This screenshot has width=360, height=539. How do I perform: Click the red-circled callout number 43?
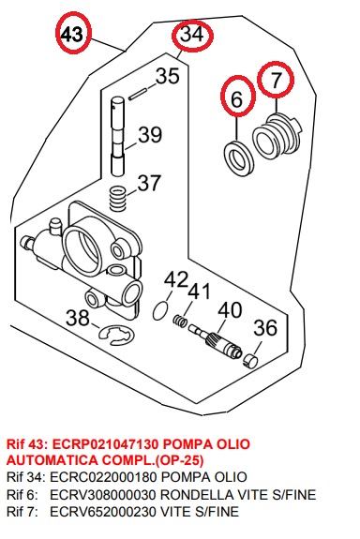pos(73,34)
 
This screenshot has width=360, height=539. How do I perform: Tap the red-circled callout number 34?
pos(192,35)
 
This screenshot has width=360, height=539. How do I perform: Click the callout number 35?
pos(168,76)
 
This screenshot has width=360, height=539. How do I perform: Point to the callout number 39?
pos(150,135)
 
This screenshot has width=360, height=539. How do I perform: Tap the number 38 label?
pos(78,318)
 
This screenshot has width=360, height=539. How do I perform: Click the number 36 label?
pos(265,328)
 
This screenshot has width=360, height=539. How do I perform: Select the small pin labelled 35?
pos(138,95)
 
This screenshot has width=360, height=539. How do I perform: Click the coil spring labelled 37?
pos(118,199)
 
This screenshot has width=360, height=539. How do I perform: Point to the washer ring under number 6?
pos(239,157)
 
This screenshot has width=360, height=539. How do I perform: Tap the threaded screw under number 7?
pos(278,135)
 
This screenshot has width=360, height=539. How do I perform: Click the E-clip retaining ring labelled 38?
pos(116,335)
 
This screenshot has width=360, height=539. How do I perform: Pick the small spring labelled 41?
pos(180,321)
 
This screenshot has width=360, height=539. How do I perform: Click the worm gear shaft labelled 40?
pos(216,341)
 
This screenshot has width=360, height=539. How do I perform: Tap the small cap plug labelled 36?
pos(250,361)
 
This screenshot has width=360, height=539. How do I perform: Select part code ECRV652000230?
pos(102,512)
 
